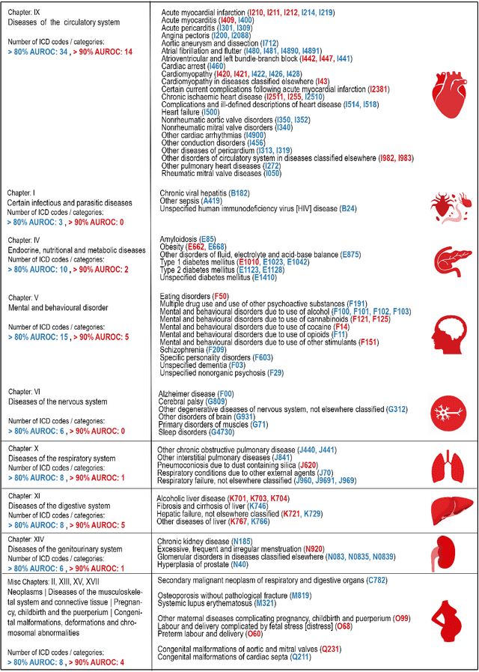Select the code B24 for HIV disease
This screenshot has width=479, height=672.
pos(349,208)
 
